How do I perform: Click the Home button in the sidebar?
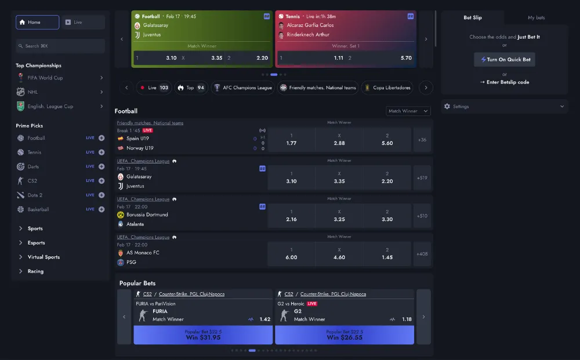37,22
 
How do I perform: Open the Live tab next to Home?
84,22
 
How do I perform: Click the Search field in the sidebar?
60,46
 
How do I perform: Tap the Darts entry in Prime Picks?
33,166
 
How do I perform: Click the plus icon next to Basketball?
101,209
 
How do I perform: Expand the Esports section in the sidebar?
36,243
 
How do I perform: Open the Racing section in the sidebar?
35,271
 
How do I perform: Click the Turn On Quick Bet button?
505,60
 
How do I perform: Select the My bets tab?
536,17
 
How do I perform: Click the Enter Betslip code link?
505,82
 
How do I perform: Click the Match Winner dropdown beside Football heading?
408,111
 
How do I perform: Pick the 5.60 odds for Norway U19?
387,140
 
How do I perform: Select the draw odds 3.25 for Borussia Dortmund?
339,216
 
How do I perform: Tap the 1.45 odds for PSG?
387,254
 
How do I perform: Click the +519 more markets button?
422,178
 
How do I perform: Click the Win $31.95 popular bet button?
202,335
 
